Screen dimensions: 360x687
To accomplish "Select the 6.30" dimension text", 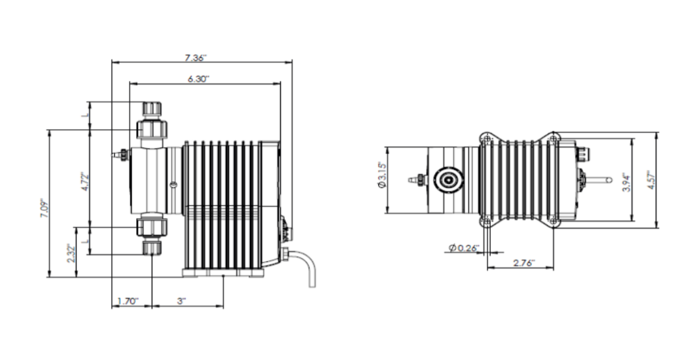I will point(198,79).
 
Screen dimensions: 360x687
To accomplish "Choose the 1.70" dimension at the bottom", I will point(128,301).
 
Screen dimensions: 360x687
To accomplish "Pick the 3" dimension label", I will point(181,301).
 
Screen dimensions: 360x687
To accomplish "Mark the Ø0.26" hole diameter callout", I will point(465,248).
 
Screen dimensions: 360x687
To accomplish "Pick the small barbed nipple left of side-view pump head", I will point(119,156).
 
